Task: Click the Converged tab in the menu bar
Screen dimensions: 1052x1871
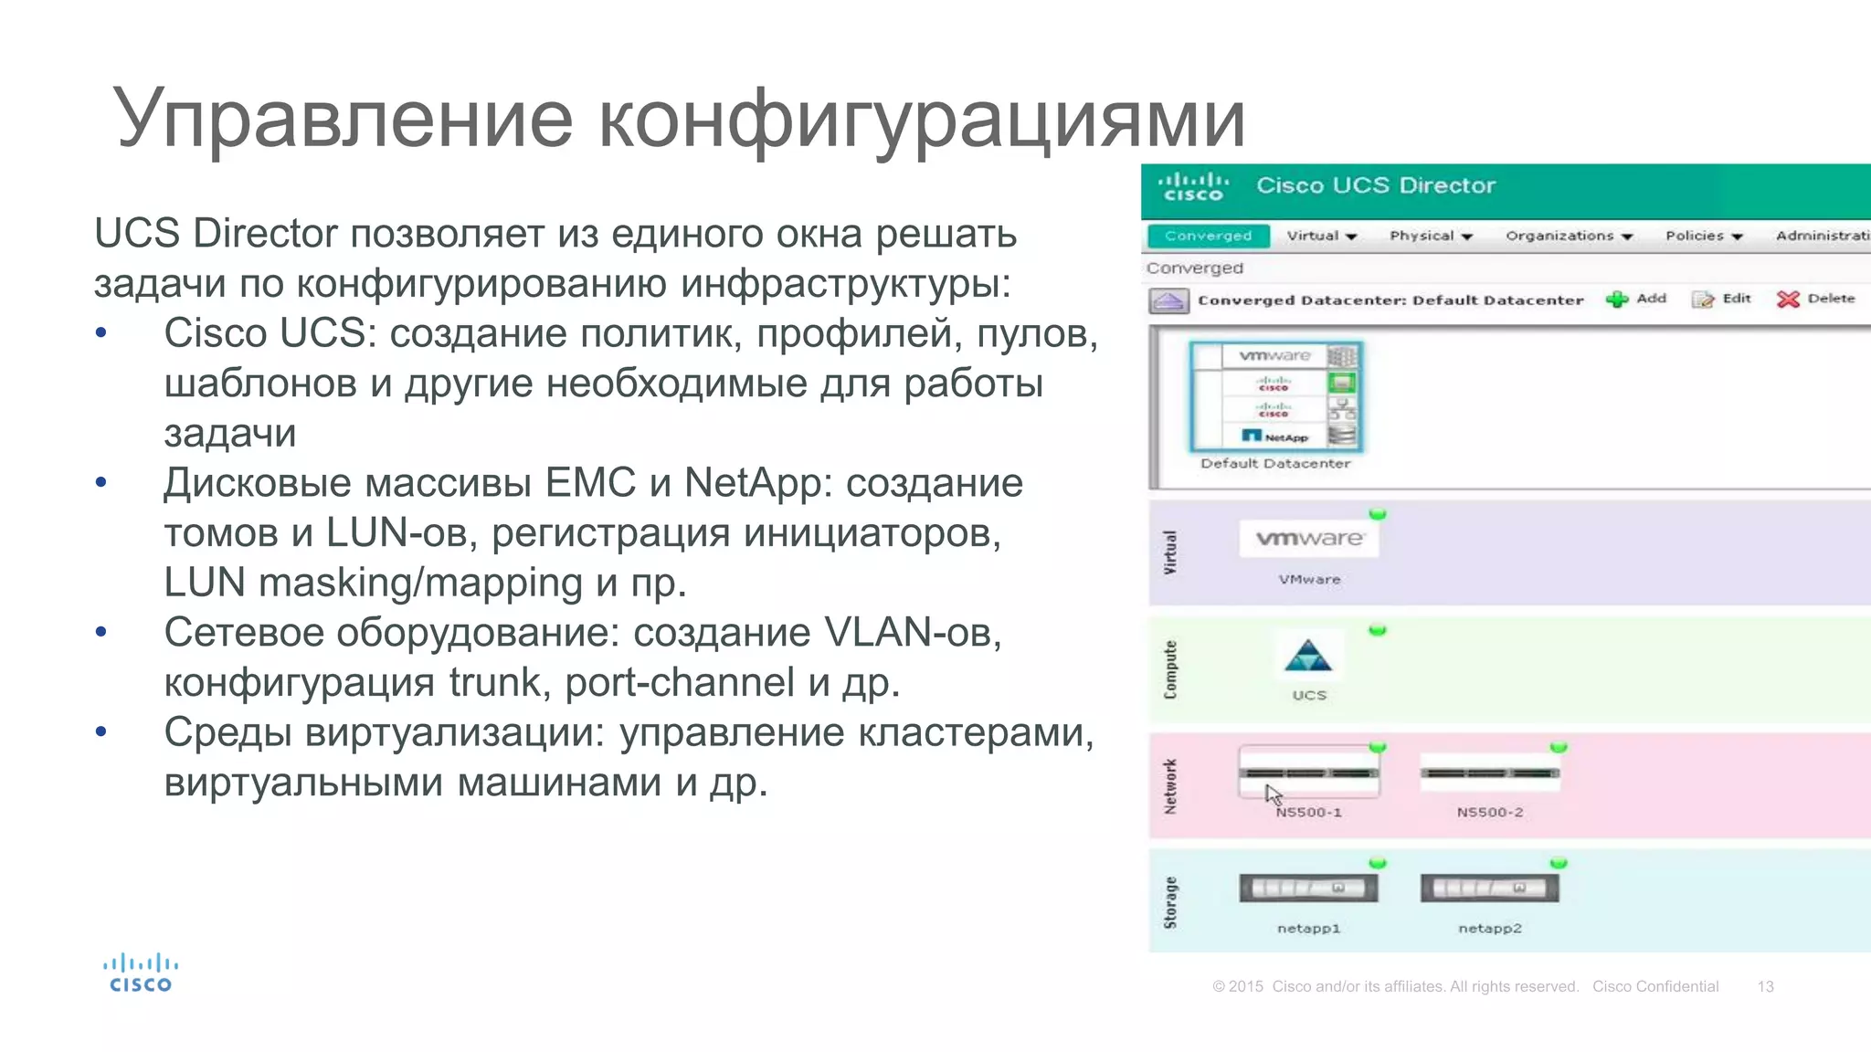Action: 1208,236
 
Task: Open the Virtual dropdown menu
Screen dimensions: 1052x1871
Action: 1321,236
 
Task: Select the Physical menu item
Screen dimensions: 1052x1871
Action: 1431,236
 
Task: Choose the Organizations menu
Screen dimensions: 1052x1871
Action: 1568,236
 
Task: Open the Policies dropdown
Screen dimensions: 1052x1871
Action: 1703,236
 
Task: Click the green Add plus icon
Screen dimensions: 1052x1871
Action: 1617,300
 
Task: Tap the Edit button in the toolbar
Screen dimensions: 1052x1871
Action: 1721,299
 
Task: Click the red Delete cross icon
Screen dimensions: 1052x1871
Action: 1788,300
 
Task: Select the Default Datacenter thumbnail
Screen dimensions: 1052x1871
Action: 1275,397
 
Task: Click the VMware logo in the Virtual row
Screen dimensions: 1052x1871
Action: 1309,538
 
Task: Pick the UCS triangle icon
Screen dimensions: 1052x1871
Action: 1308,657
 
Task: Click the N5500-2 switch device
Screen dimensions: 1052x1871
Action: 1490,774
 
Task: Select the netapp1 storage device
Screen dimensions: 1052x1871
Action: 1308,888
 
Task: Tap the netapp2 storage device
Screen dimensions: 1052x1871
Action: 1490,888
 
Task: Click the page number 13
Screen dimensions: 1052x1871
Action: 1765,986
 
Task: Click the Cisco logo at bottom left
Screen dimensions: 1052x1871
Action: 140,973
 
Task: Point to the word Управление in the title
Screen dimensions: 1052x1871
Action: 343,119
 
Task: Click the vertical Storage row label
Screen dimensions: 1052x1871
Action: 1170,902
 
